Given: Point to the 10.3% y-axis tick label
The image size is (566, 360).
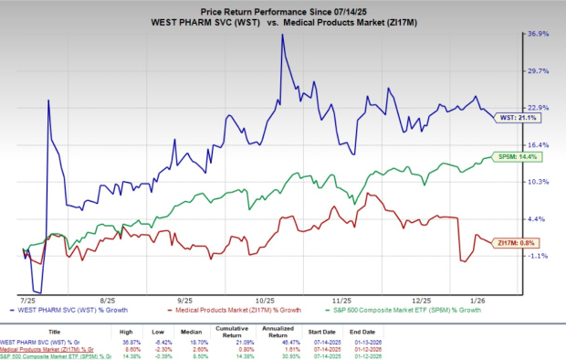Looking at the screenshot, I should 537,182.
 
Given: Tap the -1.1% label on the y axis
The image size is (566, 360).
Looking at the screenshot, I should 537,256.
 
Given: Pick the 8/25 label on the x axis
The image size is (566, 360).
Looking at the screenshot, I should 110,298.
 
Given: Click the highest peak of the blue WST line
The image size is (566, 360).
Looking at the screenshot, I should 282,35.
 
